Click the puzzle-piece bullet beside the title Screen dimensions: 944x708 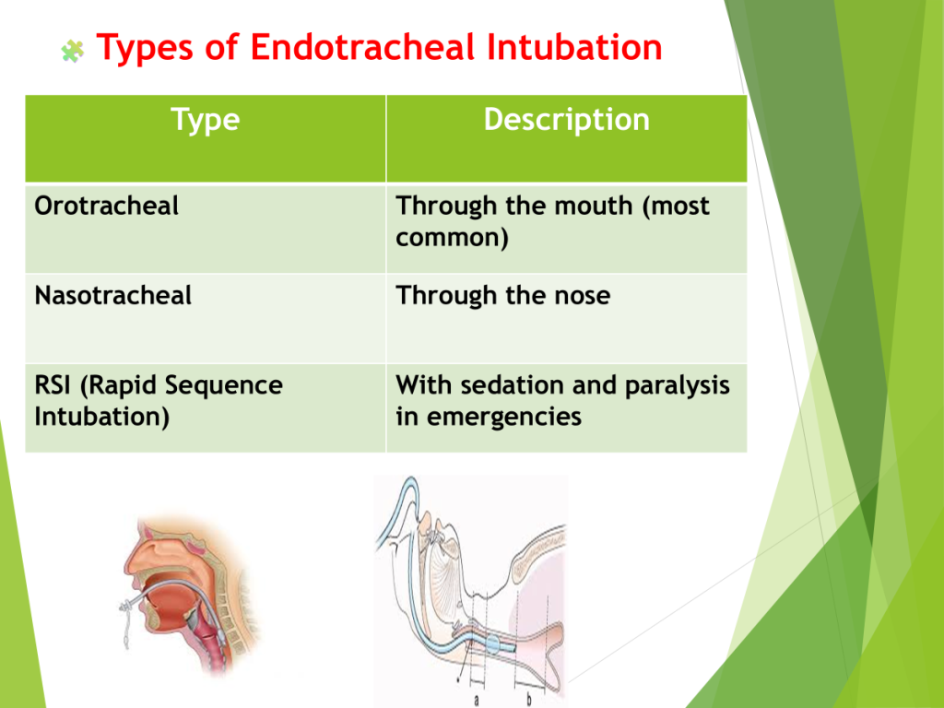[72, 52]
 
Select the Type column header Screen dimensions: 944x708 [206, 121]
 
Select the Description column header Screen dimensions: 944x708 [567, 119]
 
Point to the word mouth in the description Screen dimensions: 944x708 [593, 206]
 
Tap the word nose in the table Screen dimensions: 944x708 [582, 297]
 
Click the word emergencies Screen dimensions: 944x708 [504, 418]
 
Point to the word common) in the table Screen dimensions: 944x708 [452, 238]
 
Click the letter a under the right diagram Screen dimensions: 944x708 [477, 701]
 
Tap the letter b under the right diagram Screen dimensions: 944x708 [529, 699]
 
